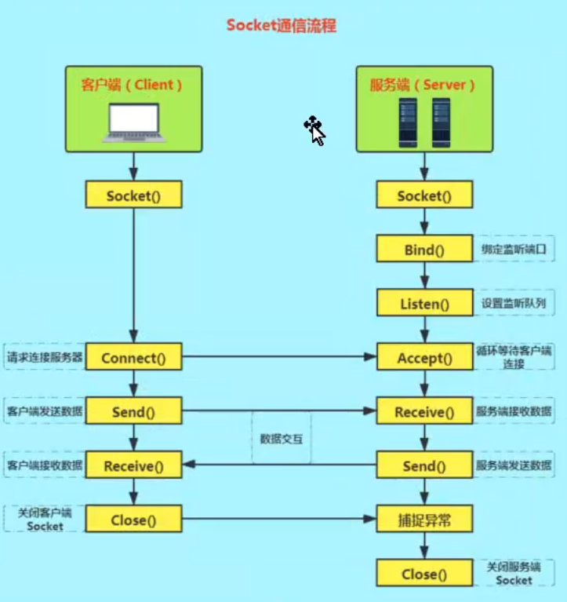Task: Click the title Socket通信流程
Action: pos(281,25)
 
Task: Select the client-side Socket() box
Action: pos(133,195)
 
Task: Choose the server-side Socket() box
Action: pos(424,195)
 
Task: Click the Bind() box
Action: pos(424,250)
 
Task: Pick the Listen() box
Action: pos(424,303)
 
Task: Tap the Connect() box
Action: pos(133,359)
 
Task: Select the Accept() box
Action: pos(424,359)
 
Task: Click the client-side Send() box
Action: pos(133,412)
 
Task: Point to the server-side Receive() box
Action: pos(424,412)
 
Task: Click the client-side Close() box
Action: pos(133,519)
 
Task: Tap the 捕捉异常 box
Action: pos(424,519)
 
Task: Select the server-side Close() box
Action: pos(424,574)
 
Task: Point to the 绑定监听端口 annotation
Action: pos(514,250)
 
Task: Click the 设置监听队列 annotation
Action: pos(514,303)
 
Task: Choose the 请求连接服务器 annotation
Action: pos(44,358)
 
